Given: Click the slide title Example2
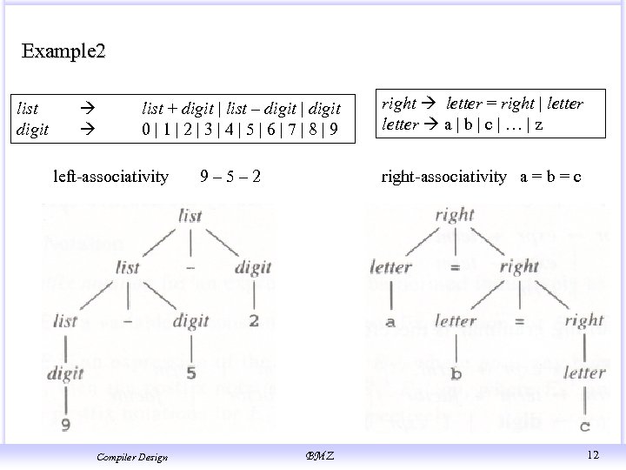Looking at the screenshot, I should click(63, 51).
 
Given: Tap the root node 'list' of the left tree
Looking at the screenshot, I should click(189, 216).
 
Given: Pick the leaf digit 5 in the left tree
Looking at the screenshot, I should click(190, 374).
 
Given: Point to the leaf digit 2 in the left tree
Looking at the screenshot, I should click(253, 320).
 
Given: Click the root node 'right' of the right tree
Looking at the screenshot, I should click(455, 214).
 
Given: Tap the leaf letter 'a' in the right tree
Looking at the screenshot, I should click(390, 321).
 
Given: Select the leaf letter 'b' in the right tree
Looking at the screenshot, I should click(456, 374).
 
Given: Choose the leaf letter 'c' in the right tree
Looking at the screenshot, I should click(584, 426).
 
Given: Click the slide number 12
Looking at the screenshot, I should click(593, 453).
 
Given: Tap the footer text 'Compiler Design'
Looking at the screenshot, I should click(132, 455).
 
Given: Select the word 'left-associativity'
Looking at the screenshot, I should click(110, 178).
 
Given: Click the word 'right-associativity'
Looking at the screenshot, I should click(443, 178).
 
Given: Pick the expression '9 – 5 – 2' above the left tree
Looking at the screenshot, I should click(230, 178).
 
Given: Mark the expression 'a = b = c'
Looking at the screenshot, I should click(550, 178).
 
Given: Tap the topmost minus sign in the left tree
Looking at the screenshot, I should click(190, 265).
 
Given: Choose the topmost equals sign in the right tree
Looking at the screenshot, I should click(455, 267).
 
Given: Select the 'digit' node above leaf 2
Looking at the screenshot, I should click(253, 267).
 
